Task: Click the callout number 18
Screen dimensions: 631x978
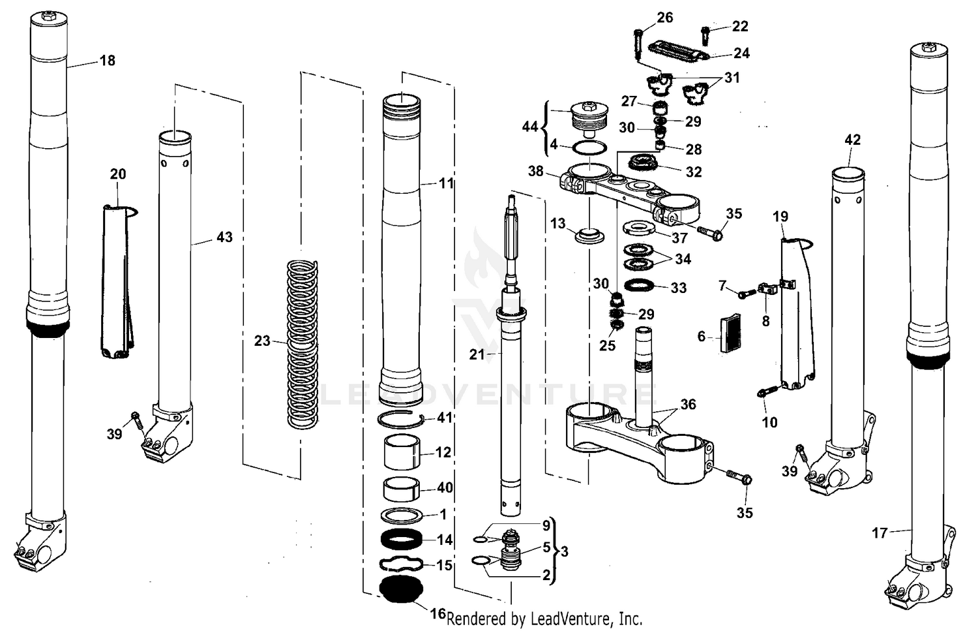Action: pyautogui.click(x=108, y=61)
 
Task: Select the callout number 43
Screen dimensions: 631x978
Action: pyautogui.click(x=224, y=238)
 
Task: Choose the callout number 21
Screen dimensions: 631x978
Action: pyautogui.click(x=477, y=354)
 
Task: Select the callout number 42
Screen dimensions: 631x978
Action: pyautogui.click(x=853, y=140)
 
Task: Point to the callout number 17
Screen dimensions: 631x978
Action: pyautogui.click(x=880, y=533)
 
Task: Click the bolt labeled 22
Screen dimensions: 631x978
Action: pyautogui.click(x=706, y=29)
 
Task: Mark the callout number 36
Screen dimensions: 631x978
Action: pyautogui.click(x=688, y=405)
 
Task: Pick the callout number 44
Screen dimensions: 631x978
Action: pyautogui.click(x=530, y=126)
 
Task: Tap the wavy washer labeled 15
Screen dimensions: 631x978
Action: pyautogui.click(x=401, y=564)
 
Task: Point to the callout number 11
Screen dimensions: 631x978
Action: pyautogui.click(x=446, y=183)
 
